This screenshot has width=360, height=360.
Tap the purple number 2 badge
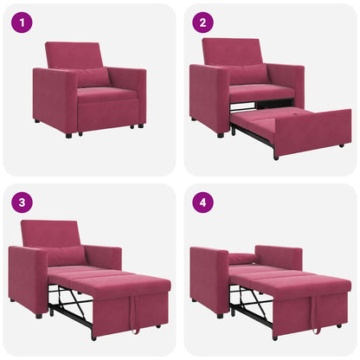[x=202, y=22]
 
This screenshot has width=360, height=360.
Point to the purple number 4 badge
[x=202, y=203]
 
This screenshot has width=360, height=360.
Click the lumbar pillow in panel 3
[x=67, y=256]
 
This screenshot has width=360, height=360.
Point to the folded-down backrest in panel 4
[x=243, y=257]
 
